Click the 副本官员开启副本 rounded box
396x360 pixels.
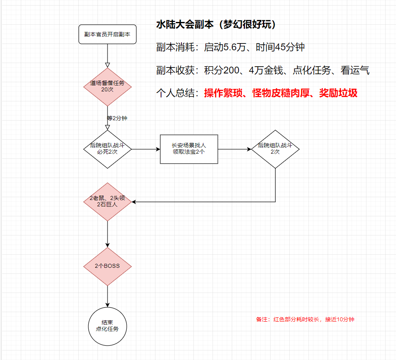[x=107, y=34]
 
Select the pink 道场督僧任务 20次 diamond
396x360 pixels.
[x=107, y=87]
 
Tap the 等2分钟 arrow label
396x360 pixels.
[x=117, y=119]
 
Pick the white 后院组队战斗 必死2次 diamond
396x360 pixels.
[x=107, y=149]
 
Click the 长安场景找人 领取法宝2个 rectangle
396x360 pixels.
[x=189, y=149]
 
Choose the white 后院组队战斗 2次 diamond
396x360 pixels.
[x=275, y=149]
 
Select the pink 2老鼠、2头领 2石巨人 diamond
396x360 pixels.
[x=107, y=202]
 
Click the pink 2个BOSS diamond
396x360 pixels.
[x=107, y=266]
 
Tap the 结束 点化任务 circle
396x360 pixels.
[x=107, y=326]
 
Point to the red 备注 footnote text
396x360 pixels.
[x=305, y=319]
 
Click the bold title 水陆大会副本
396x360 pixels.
[x=184, y=25]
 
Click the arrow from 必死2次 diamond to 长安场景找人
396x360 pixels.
[x=145, y=149]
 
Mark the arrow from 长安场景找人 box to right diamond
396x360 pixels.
[x=235, y=149]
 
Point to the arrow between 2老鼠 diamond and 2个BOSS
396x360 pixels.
[x=107, y=234]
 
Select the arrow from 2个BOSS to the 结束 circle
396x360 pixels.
[x=107, y=297]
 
